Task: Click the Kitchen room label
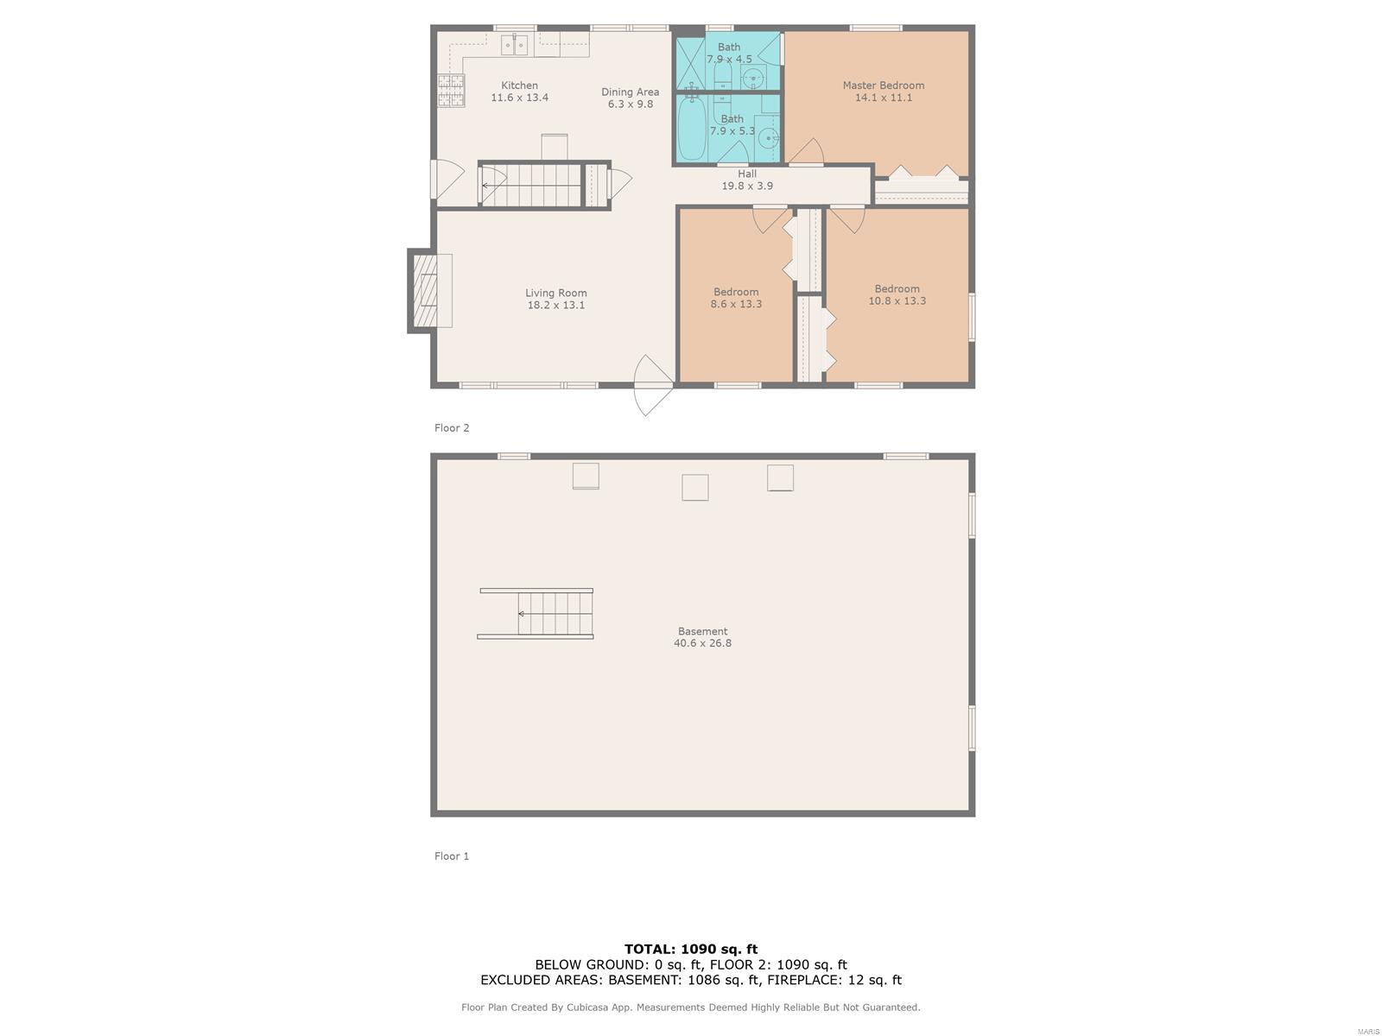pos(519,85)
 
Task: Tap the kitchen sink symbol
pos(515,45)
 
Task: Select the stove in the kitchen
pos(451,90)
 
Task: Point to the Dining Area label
pos(630,92)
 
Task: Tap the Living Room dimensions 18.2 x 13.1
pos(556,305)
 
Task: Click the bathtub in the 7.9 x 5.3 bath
pos(692,129)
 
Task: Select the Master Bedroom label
pos(884,85)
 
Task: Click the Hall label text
pos(747,174)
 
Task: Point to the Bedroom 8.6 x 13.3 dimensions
pos(736,304)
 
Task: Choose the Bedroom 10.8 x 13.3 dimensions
pos(897,300)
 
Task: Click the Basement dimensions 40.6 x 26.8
pos(702,643)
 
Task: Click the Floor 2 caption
pos(452,427)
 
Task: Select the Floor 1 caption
pos(452,856)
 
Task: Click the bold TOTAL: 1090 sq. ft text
pos(691,949)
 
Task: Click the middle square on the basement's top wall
pos(694,488)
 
